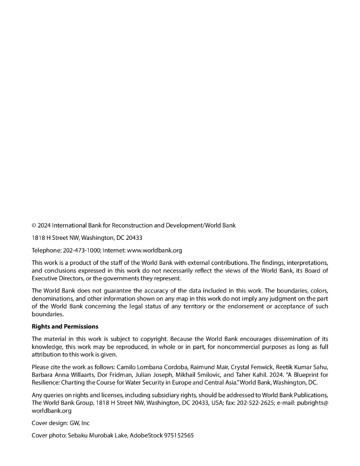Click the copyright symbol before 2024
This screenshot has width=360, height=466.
pos(34,225)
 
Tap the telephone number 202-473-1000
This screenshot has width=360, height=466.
pos(81,250)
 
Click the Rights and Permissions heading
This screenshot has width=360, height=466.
pos(65,326)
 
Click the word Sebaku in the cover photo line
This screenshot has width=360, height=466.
pos(79,436)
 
